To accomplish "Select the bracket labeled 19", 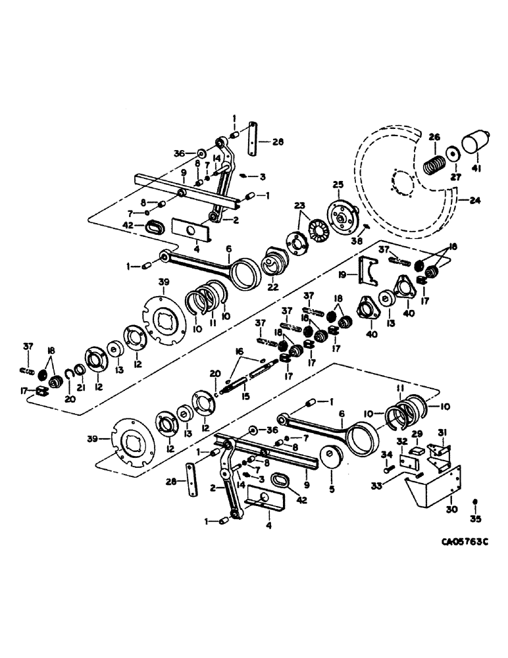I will [368, 270].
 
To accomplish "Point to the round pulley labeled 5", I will [328, 456].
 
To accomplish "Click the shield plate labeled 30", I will [436, 489].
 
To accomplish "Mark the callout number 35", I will [475, 519].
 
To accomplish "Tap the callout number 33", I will [394, 486].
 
